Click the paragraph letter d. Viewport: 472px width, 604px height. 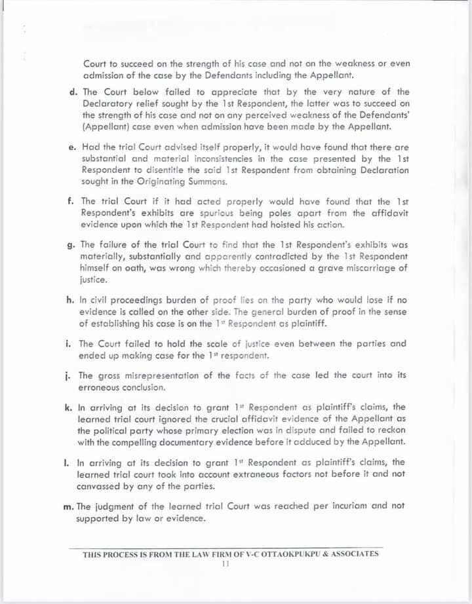pos(73,92)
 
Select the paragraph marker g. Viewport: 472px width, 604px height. pos(72,244)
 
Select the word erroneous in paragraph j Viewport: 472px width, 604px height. pos(100,387)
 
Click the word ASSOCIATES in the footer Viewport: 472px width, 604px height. pos(352,554)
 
